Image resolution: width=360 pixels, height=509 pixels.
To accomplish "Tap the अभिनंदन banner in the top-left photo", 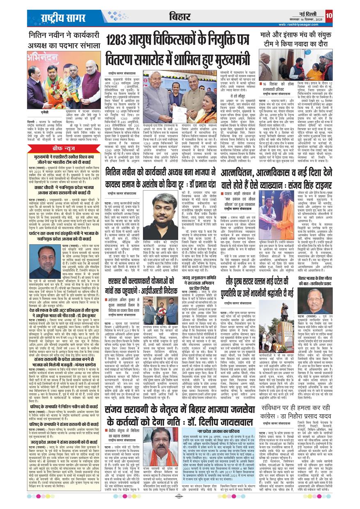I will coord(44,57).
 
